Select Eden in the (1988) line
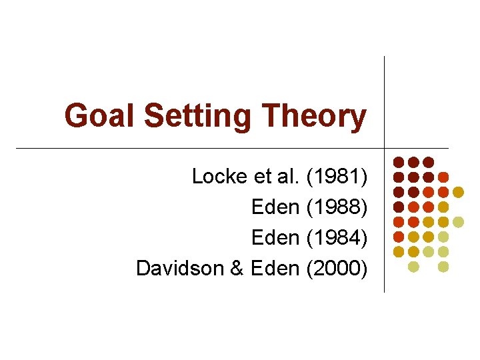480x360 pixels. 275,207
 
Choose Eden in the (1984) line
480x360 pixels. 275,237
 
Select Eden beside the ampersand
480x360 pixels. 275,268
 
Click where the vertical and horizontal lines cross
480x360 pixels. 385,148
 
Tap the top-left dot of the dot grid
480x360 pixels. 399,162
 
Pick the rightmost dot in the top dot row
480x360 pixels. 429,162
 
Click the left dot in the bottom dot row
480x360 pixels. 413,267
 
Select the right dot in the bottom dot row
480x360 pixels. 443,267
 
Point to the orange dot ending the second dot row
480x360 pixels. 443,177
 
